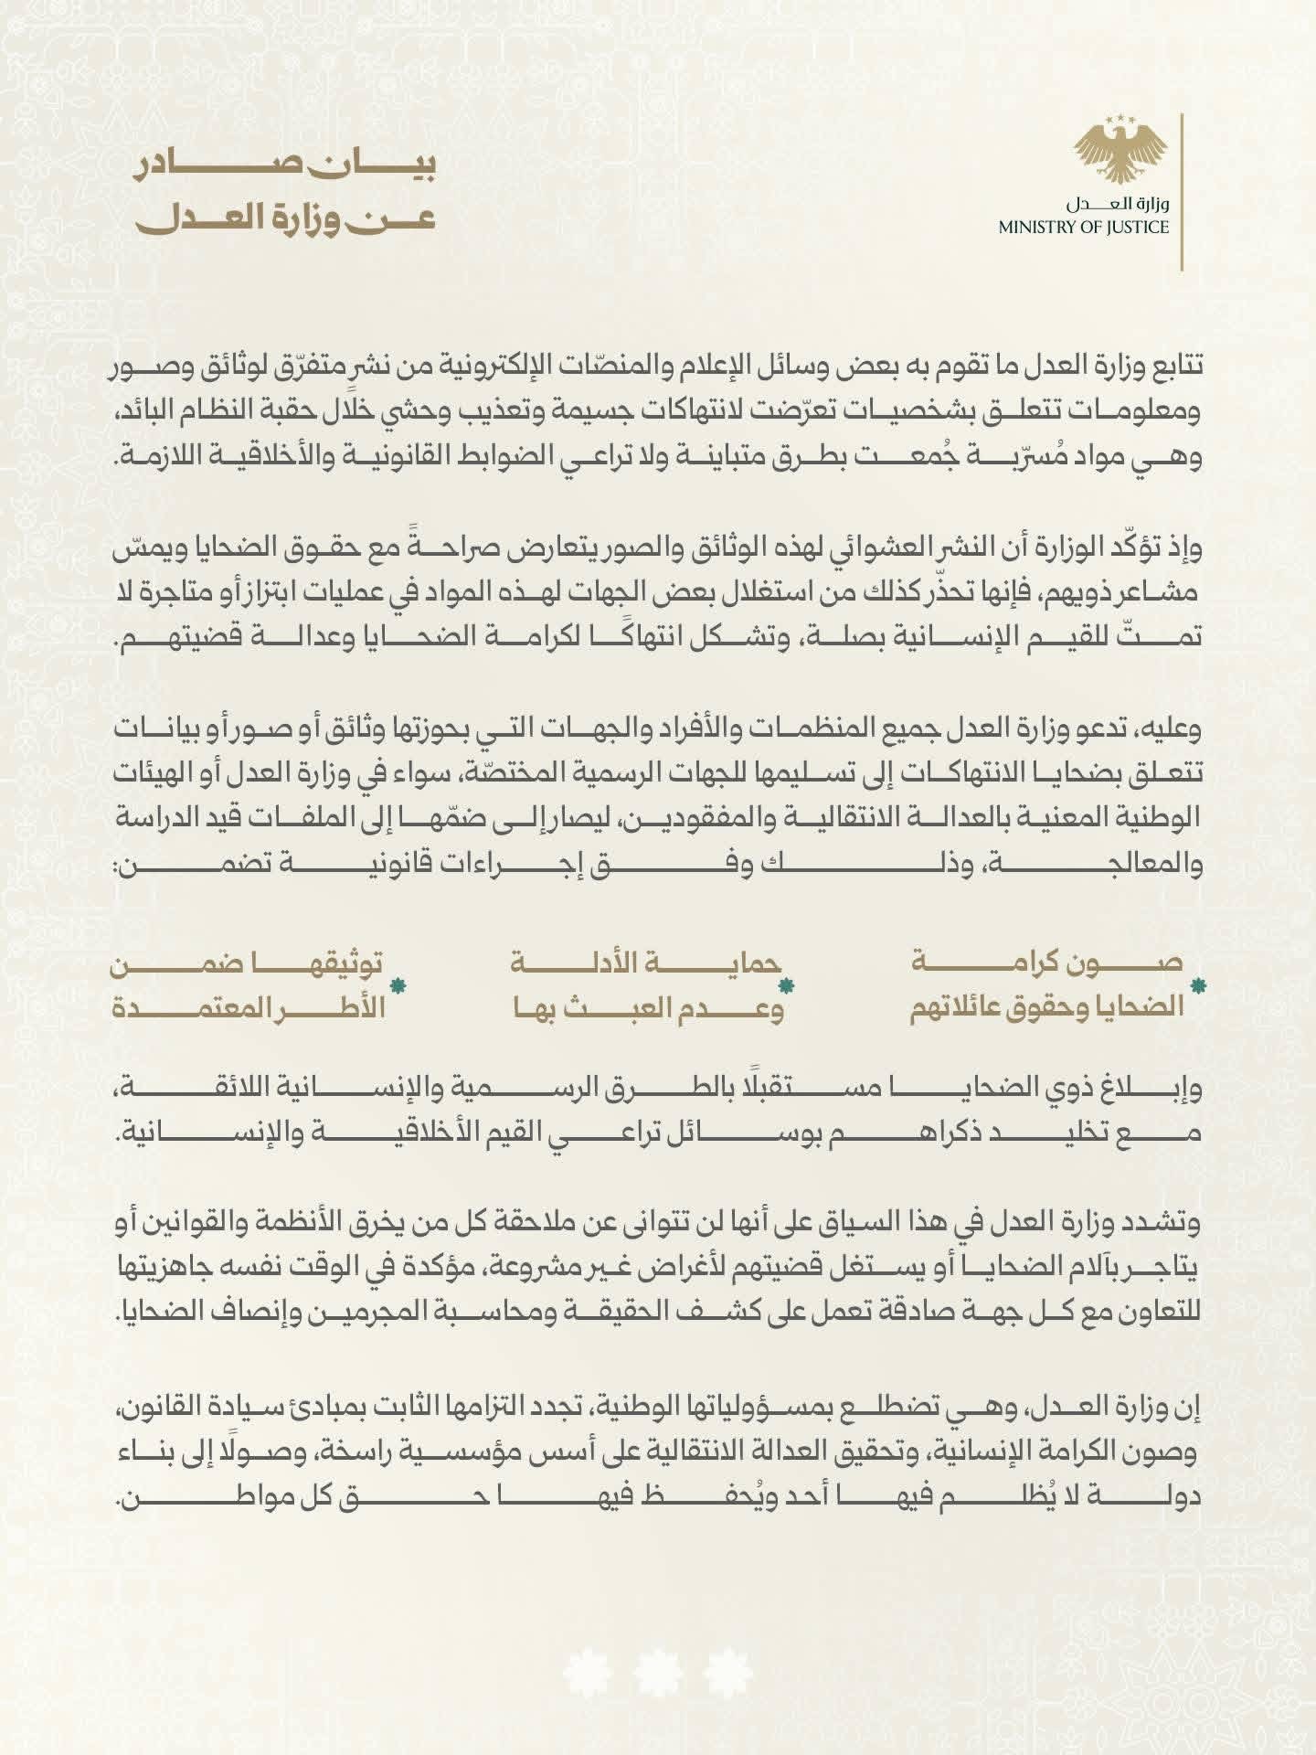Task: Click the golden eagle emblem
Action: click(x=1120, y=152)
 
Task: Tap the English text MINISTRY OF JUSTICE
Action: click(x=1083, y=228)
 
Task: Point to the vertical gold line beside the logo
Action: click(x=1183, y=192)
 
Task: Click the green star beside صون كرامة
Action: click(x=1199, y=986)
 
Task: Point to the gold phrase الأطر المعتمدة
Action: click(x=247, y=1010)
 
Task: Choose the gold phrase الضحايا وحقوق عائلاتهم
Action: click(x=1046, y=1010)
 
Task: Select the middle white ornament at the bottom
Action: click(x=658, y=1671)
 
